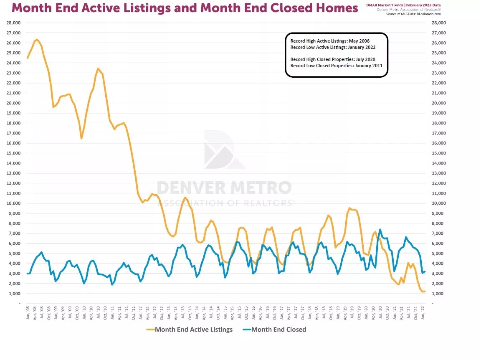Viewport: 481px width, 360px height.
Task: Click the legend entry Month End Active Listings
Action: (x=194, y=330)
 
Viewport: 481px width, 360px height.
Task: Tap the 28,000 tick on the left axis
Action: (x=13, y=23)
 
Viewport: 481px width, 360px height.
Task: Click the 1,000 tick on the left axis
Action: (x=15, y=293)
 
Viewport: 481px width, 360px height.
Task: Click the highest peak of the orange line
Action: (x=37, y=39)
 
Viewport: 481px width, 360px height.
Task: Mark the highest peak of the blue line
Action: (x=380, y=229)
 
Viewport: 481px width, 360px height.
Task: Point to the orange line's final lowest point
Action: (x=422, y=292)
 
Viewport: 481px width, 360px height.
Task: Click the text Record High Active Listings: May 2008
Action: (x=330, y=41)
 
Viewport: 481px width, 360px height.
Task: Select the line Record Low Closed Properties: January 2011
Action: (x=336, y=66)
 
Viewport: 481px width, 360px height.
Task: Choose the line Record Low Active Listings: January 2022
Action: (x=333, y=47)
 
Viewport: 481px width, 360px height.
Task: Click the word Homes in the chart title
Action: (x=337, y=8)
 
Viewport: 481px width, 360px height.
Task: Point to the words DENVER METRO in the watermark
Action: (x=224, y=188)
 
